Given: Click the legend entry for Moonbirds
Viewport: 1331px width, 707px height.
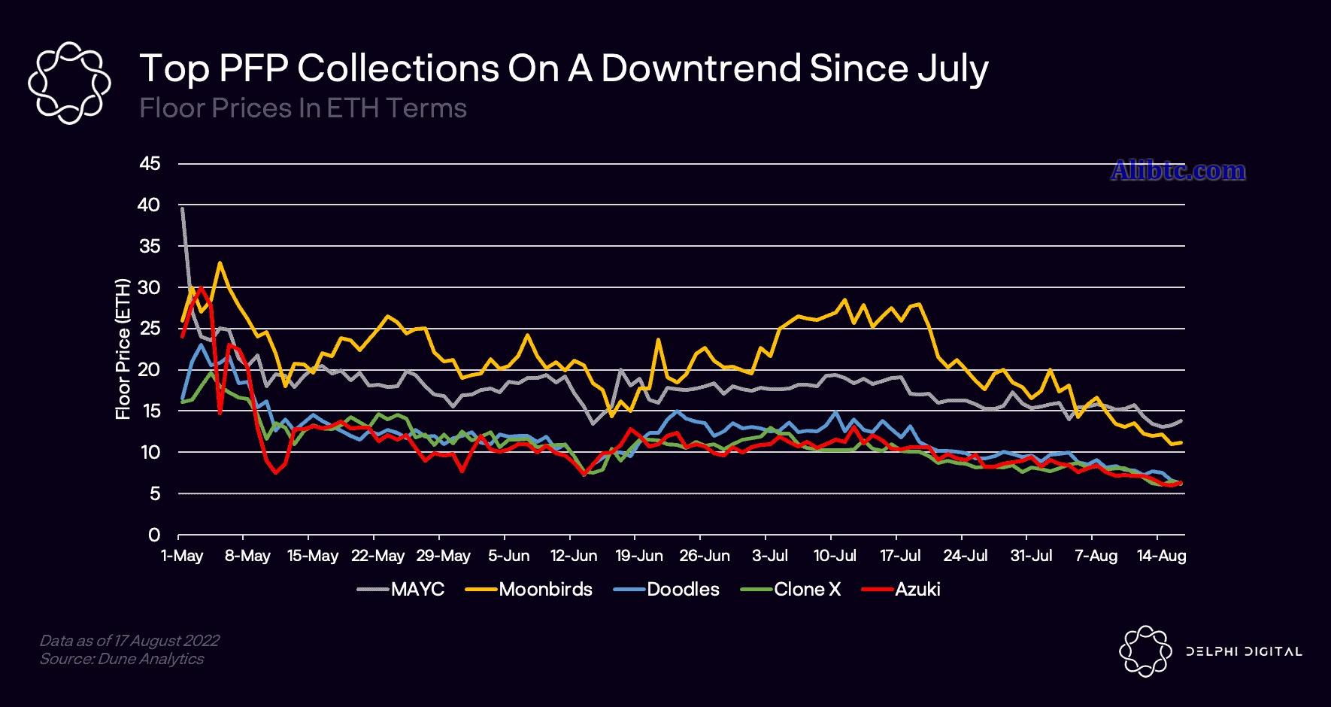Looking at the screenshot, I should [x=545, y=589].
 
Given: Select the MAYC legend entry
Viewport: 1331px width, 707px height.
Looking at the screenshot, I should [x=417, y=589].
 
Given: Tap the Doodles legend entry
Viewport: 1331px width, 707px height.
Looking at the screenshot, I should [x=683, y=589].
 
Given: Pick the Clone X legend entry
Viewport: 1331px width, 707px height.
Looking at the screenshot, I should [x=807, y=589].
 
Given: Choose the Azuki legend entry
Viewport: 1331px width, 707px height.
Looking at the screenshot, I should [x=917, y=589].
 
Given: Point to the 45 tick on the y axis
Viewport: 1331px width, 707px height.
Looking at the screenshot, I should [x=150, y=163].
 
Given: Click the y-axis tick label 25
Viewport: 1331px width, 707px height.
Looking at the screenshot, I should [x=150, y=329].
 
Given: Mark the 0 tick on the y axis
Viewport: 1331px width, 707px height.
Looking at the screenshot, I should [x=154, y=535].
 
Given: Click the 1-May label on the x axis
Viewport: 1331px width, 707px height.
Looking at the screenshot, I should [x=183, y=556].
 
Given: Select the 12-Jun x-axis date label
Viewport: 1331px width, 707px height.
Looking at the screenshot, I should [x=575, y=556].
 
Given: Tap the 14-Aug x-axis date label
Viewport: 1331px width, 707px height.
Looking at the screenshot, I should [x=1162, y=556].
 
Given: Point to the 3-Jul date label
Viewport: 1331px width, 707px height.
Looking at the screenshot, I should [x=770, y=556].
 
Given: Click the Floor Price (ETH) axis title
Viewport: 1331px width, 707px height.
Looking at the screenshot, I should [x=123, y=349].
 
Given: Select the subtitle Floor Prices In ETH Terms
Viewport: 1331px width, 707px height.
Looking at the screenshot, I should [x=303, y=108].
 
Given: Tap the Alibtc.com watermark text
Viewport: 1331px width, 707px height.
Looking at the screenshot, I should [x=1178, y=171].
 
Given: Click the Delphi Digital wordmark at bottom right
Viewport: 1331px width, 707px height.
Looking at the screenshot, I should [x=1243, y=651].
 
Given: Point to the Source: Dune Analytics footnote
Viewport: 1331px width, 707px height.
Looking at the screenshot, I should [x=121, y=659].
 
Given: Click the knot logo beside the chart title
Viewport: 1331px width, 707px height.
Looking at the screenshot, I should [x=68, y=83].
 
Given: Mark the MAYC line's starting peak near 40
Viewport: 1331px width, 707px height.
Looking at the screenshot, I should [x=182, y=208].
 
